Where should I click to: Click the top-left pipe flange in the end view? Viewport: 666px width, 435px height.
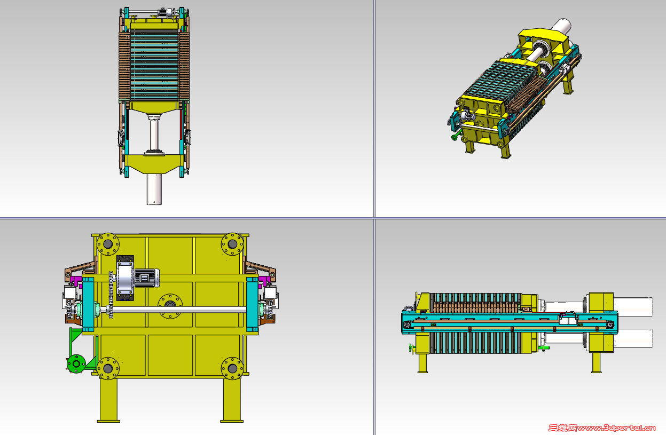point(108,244)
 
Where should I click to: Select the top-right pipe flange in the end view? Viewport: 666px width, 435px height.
point(232,244)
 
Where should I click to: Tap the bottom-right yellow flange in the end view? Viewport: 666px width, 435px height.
point(232,368)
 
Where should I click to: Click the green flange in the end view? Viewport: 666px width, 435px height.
point(76,363)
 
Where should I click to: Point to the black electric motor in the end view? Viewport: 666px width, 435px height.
point(146,278)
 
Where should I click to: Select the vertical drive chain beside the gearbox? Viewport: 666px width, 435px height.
point(111,295)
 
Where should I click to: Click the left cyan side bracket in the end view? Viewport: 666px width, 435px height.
point(88,304)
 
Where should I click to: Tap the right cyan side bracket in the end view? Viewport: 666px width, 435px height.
point(252,304)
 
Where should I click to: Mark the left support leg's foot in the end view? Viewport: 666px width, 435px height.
point(108,421)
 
